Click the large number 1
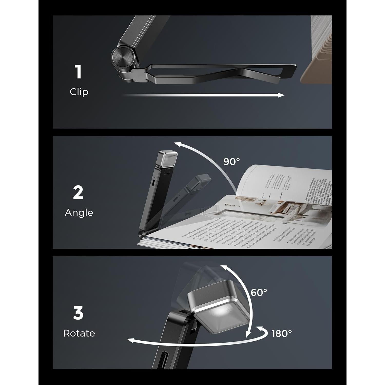(x=78, y=72)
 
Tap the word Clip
(x=79, y=92)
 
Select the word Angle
(x=79, y=213)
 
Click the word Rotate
(x=79, y=333)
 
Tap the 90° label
(x=232, y=161)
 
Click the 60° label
(x=259, y=292)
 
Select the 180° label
(x=282, y=333)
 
